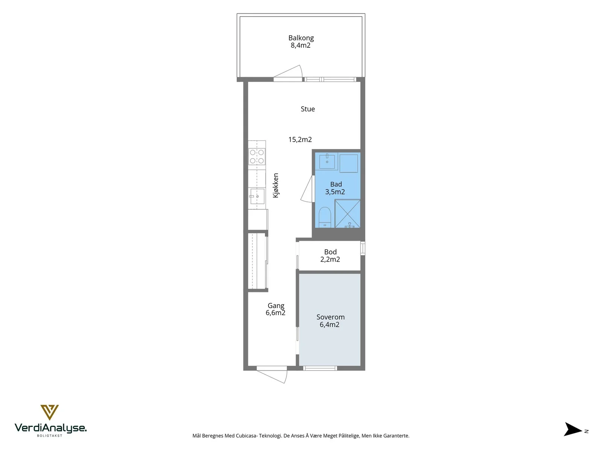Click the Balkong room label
point(301,38)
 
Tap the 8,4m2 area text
point(300,45)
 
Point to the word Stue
point(307,109)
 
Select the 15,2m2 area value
point(300,140)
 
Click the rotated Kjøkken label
point(276,185)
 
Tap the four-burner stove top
point(257,157)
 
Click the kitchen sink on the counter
point(257,196)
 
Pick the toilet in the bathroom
point(325,218)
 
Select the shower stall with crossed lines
point(348,214)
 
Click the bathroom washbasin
point(327,162)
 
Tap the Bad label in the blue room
point(336,184)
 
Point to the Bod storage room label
point(330,252)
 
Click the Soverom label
point(330,317)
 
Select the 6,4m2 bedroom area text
point(329,324)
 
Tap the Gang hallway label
point(276,306)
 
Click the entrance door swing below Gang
point(272,375)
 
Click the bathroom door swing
point(307,189)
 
